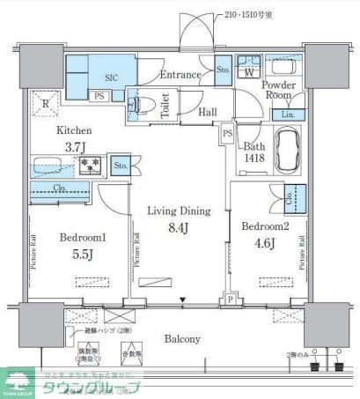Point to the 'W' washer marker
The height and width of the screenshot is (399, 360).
(x=249, y=72)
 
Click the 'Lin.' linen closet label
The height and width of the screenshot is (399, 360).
(x=289, y=114)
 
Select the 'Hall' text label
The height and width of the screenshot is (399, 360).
(x=208, y=112)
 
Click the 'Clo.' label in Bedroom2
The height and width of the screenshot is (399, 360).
(x=291, y=199)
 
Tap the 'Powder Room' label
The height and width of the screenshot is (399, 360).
(x=280, y=90)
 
